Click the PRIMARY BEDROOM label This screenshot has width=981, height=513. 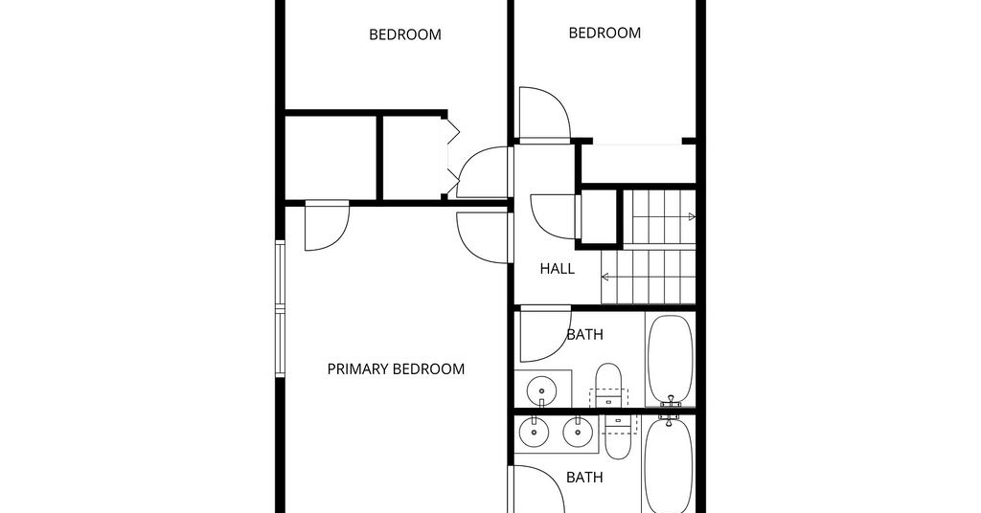396,369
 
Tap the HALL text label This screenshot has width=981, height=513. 557,269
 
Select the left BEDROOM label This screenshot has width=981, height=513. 405,34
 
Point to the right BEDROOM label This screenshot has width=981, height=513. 605,33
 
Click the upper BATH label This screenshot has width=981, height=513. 584,335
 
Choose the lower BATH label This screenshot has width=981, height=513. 584,478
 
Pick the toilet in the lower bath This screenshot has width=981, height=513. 618,436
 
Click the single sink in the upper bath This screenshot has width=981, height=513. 540,390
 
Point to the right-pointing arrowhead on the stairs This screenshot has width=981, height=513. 692,217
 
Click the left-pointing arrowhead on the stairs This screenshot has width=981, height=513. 605,277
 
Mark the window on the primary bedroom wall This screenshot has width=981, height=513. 281,309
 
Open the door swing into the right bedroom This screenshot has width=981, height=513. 545,114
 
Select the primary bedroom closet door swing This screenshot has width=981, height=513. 327,228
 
